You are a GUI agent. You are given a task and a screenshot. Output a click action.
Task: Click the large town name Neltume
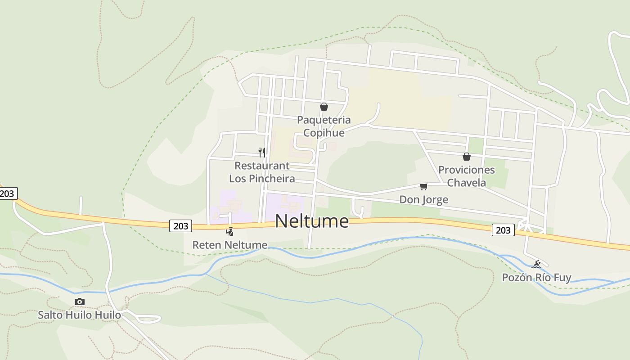click(x=311, y=221)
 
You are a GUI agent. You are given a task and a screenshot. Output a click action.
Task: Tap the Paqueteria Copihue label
click(x=324, y=126)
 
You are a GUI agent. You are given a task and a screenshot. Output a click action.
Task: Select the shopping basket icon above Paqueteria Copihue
click(x=324, y=107)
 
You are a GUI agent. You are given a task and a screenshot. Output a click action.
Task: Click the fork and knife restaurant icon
click(x=261, y=152)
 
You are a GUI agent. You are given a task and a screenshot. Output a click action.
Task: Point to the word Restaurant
click(x=262, y=166)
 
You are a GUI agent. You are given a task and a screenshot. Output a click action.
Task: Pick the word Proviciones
click(x=466, y=170)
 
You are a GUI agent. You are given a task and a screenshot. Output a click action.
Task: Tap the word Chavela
click(x=466, y=183)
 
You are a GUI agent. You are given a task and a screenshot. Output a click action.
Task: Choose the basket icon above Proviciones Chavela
click(x=467, y=157)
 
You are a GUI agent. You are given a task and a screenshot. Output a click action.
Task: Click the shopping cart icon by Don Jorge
click(x=423, y=186)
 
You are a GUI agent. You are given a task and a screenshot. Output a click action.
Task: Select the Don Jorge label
click(x=423, y=199)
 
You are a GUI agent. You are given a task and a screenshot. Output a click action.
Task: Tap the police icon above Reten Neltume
click(x=229, y=232)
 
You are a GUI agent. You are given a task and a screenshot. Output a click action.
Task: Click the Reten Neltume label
click(x=229, y=245)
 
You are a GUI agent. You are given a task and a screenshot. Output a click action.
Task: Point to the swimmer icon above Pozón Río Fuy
click(x=536, y=264)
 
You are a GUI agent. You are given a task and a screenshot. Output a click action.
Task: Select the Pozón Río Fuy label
click(x=536, y=277)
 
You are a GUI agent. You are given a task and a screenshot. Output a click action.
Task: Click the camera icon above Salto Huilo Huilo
click(x=79, y=301)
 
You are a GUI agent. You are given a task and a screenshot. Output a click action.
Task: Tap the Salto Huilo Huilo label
click(x=79, y=315)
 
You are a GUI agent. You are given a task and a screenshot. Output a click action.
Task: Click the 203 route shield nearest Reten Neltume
click(x=180, y=225)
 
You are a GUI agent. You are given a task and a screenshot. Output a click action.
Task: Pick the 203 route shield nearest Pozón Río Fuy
click(x=503, y=230)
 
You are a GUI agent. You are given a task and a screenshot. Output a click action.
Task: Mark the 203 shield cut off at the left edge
click(x=7, y=193)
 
